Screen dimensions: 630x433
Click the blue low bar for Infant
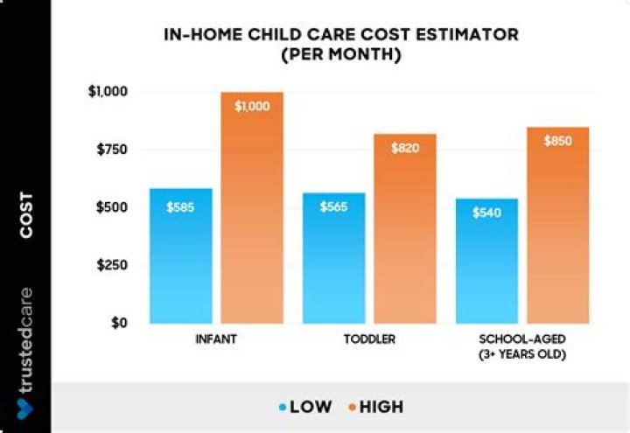[x=181, y=255]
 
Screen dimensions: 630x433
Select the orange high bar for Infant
[x=252, y=207]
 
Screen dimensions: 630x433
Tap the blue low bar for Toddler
[x=334, y=258]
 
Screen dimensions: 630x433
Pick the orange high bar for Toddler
[x=405, y=228]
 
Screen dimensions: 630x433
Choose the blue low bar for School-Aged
[x=487, y=261]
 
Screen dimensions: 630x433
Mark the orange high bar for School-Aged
[x=558, y=226]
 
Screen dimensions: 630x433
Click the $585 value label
[x=180, y=207]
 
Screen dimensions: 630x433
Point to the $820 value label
[x=405, y=148]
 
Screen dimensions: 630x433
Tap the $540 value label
[x=486, y=213]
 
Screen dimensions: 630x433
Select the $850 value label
[x=558, y=141]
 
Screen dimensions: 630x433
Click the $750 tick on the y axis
[x=112, y=150]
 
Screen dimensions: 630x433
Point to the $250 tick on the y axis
[x=112, y=265]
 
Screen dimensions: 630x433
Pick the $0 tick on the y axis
[x=119, y=323]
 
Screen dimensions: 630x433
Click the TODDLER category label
[x=369, y=339]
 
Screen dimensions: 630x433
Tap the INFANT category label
[x=216, y=339]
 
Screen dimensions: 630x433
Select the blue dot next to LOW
[x=283, y=408]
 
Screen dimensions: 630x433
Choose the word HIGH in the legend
[x=381, y=407]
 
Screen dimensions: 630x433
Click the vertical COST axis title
[x=26, y=215]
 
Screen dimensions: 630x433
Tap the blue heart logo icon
[x=24, y=409]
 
